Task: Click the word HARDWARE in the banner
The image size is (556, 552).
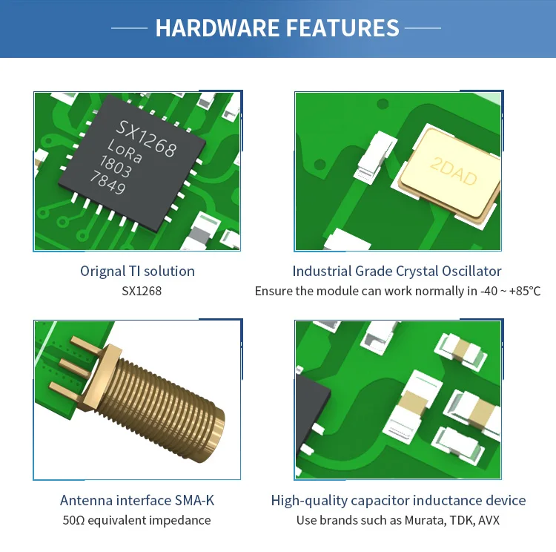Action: [x=216, y=28]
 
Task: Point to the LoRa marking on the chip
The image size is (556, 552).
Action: [x=125, y=151]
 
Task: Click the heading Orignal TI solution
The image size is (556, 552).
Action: [x=137, y=271]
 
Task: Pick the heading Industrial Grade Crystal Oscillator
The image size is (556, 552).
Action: [x=397, y=271]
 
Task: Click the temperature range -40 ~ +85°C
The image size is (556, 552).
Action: [x=504, y=291]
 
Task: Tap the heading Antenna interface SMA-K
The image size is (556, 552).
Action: [x=137, y=500]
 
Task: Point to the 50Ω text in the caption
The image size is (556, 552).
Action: [x=73, y=520]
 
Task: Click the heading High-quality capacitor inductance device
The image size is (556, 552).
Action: [x=398, y=500]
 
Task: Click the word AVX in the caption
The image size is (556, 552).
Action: [x=489, y=520]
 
